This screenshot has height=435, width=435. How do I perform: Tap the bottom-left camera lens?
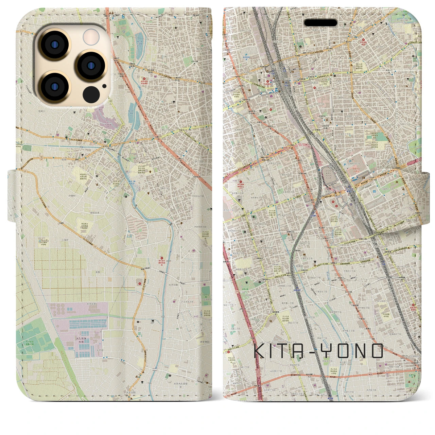point(55,86)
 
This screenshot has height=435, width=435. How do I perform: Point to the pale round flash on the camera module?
point(91,36)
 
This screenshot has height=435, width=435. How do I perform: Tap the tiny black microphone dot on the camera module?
point(104,86)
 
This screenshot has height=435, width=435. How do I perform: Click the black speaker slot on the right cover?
point(320,23)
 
